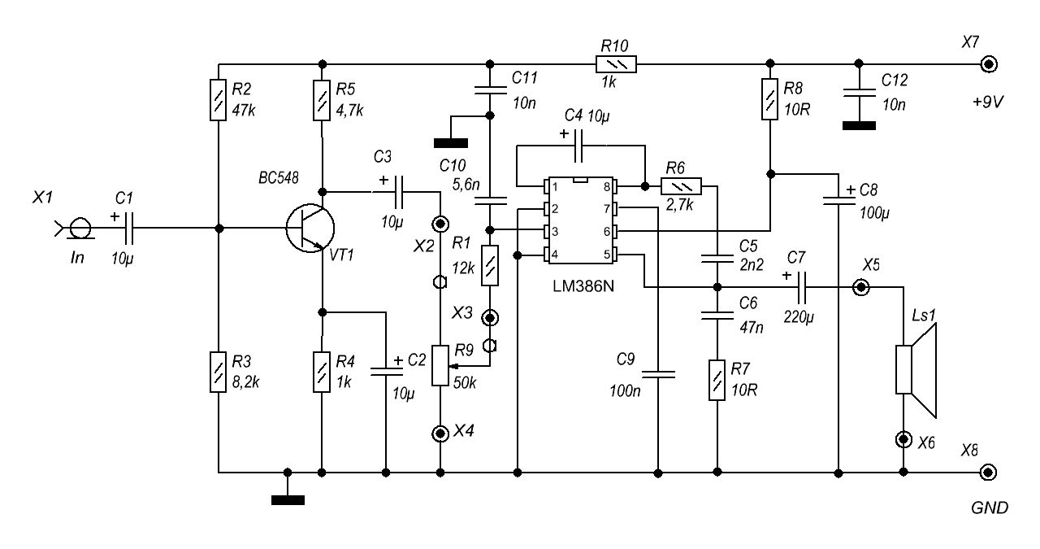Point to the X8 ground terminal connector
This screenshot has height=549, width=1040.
[x=989, y=472]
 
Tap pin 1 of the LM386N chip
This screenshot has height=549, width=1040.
[x=548, y=187]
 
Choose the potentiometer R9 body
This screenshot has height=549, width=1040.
[x=440, y=365]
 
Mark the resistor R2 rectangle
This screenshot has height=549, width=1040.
[x=218, y=100]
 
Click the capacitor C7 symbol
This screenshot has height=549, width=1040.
[x=802, y=287]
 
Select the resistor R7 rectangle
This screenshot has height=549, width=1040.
[x=717, y=380]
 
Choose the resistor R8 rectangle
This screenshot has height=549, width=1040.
[x=769, y=100]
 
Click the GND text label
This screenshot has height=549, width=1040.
[x=990, y=509]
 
